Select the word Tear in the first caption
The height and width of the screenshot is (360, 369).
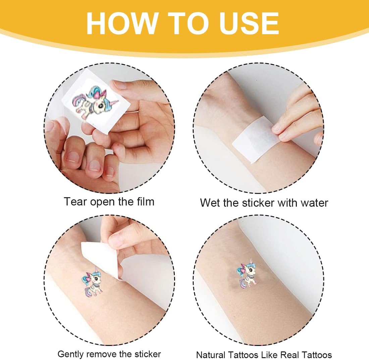pos(75,202)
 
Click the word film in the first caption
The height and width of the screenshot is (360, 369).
pos(145,201)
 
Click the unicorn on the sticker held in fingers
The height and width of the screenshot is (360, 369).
pos(95,102)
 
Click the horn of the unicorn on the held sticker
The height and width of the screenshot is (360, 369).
pos(114,103)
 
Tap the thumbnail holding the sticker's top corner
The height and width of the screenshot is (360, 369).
pos(120,85)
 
